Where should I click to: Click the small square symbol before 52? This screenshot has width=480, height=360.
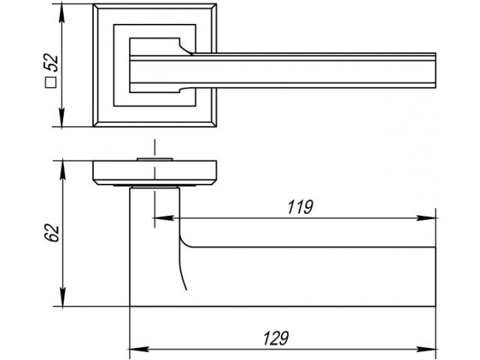(52, 84)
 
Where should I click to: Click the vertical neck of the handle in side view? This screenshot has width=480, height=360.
(154, 247)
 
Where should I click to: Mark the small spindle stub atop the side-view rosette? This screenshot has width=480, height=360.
(155, 159)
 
